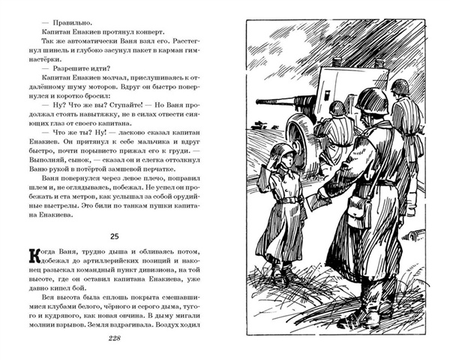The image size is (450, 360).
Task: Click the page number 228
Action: pos(109,339)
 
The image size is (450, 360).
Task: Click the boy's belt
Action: pos(289,198)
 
